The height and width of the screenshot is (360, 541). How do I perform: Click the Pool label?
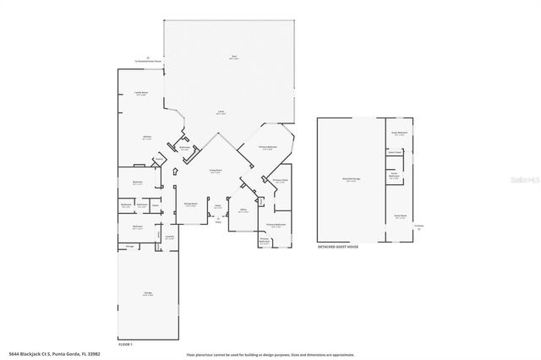point(234,57)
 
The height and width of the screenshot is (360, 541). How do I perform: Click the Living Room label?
point(216,171)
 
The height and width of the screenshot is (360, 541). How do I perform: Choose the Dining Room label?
point(191,204)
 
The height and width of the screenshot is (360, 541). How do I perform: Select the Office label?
point(243,211)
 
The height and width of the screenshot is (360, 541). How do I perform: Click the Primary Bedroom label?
point(267,148)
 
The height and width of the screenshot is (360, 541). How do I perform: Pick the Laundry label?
point(169,237)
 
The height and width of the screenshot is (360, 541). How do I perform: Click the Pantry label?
point(158,158)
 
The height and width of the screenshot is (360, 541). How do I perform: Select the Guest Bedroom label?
point(399,133)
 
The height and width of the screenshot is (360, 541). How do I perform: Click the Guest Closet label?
point(395,153)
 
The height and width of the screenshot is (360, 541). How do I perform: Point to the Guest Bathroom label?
point(394,177)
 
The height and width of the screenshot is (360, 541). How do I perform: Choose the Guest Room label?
point(399,215)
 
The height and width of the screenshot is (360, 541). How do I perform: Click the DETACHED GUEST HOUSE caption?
point(338,247)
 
